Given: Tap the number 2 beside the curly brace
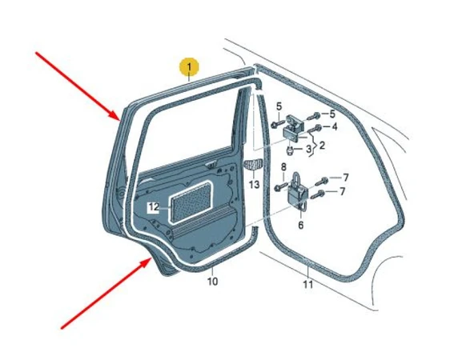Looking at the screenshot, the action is tap(322, 146).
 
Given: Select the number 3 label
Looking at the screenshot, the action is tap(308, 149).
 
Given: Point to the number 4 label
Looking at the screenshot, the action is tap(335, 126).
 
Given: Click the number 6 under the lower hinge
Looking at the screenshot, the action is tap(300, 225).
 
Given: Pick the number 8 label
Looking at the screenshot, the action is tap(283, 166).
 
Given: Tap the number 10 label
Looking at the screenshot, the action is tap(212, 282).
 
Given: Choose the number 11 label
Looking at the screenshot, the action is tap(308, 284).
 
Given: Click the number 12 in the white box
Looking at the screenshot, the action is tap(153, 207).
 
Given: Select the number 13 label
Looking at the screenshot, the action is tap(255, 184).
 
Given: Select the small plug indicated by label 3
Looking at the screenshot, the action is tap(291, 150).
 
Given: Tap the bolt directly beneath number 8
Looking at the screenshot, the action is tap(280, 187).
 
